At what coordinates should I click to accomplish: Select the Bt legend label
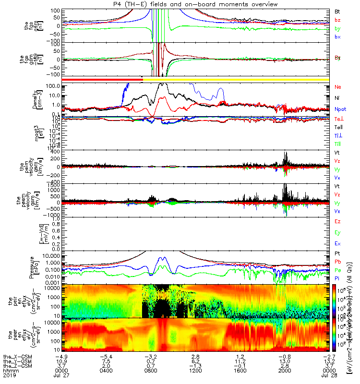coord(337,11)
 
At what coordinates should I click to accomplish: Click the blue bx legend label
coord(337,37)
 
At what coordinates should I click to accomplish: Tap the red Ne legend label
coord(338,87)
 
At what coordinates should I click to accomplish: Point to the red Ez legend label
coord(337,222)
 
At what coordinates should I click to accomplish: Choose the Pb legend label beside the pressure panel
coord(338,262)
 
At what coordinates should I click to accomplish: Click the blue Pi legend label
coord(337,278)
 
